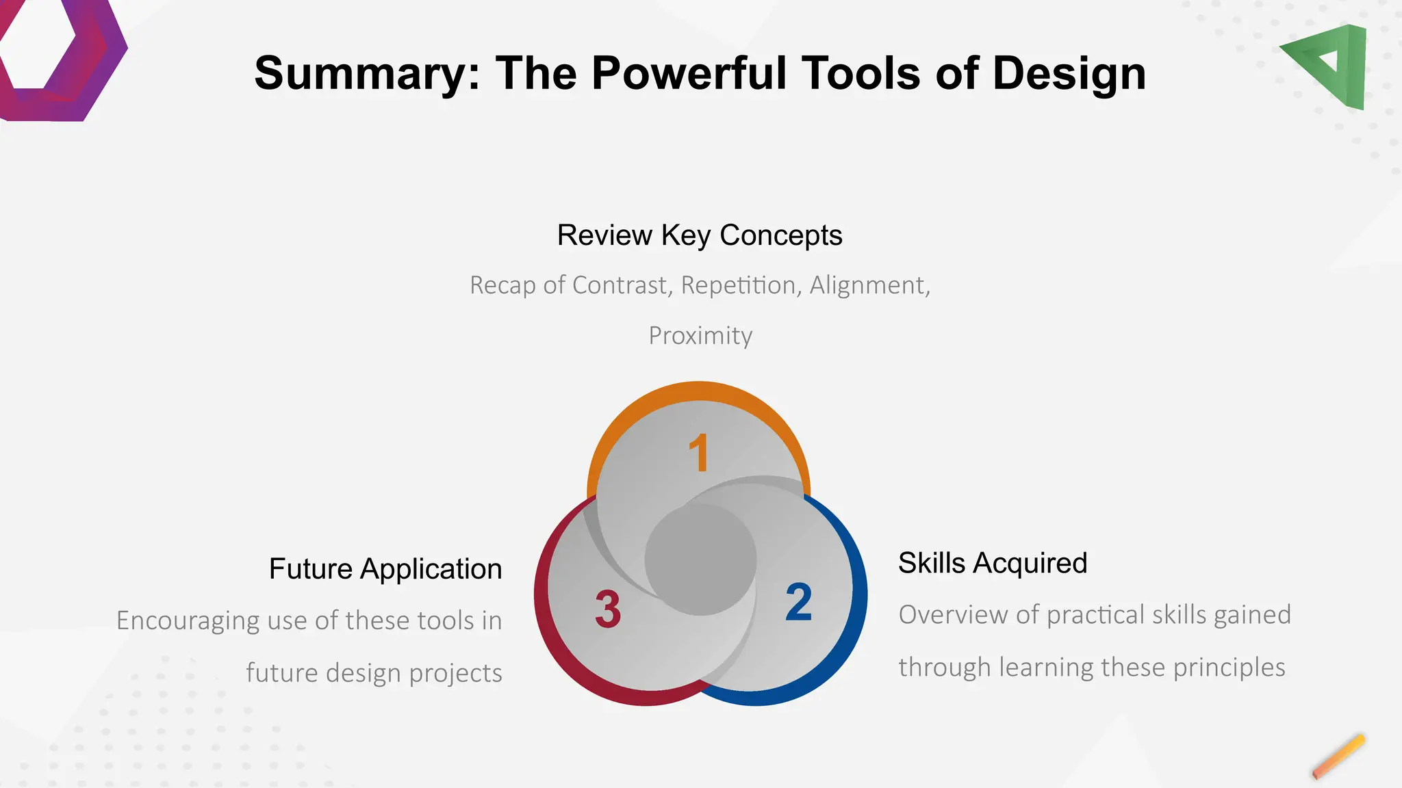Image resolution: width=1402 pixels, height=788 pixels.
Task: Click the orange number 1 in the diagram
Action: (699, 453)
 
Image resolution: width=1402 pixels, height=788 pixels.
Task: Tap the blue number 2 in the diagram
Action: (798, 602)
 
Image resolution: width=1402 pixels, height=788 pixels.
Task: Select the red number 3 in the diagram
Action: (608, 609)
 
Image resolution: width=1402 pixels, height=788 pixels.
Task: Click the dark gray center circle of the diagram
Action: (700, 560)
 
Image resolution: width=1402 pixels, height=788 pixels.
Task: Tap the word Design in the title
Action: (1069, 74)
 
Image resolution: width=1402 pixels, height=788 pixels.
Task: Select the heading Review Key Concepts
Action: (700, 235)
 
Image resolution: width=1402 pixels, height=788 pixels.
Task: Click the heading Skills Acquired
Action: (993, 563)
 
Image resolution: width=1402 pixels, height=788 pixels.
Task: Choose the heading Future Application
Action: (385, 569)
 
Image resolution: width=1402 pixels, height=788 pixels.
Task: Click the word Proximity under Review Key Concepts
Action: (700, 336)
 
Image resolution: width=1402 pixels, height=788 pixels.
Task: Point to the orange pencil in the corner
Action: (1338, 757)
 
